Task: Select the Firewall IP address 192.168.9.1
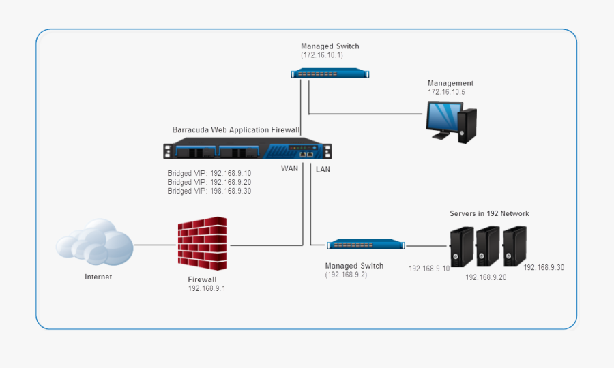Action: (x=207, y=289)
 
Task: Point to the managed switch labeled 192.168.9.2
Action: (x=365, y=245)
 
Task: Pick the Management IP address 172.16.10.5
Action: (x=446, y=92)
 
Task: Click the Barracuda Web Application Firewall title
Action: (x=236, y=129)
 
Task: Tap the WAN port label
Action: (x=290, y=169)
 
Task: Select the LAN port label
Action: (x=323, y=169)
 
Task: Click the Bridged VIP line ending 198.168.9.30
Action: (x=209, y=191)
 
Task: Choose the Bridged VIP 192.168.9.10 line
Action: (x=209, y=173)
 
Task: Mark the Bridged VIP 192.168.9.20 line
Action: (x=209, y=182)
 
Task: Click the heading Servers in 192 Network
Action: (x=489, y=214)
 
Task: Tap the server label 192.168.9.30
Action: (x=544, y=268)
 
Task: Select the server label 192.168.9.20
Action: (x=486, y=278)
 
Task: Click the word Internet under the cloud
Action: (x=98, y=277)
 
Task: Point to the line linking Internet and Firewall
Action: (x=155, y=245)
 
